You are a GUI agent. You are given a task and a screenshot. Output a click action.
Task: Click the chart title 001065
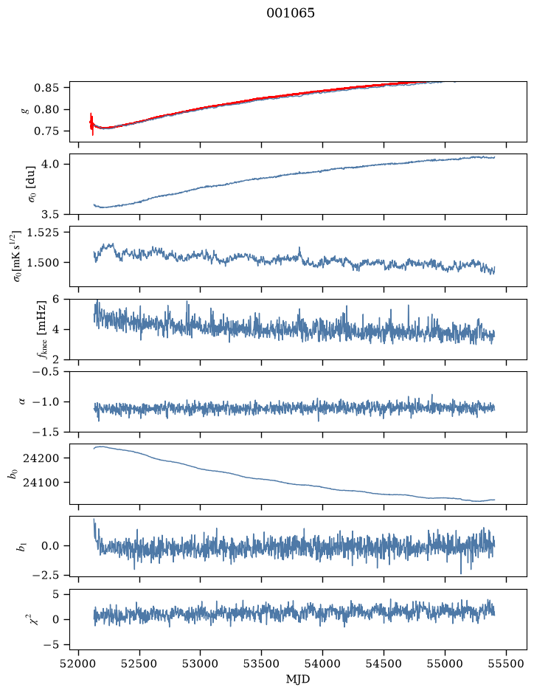point(290,13)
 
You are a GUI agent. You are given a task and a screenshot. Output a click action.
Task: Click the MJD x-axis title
point(298,679)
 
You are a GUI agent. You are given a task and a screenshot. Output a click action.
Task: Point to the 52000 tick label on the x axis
point(79,663)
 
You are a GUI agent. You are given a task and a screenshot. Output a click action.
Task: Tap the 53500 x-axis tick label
point(262,663)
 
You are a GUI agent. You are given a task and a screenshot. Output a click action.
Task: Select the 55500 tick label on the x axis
point(506,663)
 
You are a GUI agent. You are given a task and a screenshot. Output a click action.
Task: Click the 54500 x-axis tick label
point(384,663)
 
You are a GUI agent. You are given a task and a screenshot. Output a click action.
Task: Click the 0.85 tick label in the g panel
point(46,88)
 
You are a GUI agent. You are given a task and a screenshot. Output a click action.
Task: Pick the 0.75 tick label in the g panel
point(46,131)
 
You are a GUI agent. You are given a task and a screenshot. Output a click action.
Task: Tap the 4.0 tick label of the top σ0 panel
point(50,164)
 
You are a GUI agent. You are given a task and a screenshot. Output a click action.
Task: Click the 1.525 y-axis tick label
point(43,232)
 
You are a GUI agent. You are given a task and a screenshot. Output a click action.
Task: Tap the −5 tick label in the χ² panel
point(51,645)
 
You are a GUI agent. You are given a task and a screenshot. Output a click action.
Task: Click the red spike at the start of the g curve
point(92,123)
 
